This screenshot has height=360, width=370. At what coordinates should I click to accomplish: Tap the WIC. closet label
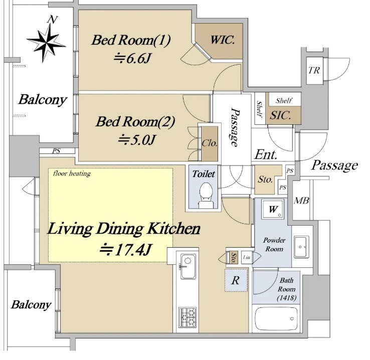click(222, 40)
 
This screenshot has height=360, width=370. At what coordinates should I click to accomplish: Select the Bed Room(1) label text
click(131, 40)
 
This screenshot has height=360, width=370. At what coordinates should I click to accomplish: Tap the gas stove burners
click(188, 317)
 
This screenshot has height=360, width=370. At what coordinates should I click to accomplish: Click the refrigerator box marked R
click(235, 281)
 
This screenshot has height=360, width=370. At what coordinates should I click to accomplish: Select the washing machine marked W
click(273, 210)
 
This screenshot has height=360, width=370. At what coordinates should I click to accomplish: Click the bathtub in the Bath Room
click(275, 318)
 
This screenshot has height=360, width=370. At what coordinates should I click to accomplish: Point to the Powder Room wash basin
click(302, 246)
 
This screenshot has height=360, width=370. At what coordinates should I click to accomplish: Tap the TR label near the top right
click(314, 70)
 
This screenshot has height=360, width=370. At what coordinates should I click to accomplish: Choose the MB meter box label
click(301, 201)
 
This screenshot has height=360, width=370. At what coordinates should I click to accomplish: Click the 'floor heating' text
click(71, 174)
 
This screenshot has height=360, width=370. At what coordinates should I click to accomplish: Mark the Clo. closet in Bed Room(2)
click(209, 142)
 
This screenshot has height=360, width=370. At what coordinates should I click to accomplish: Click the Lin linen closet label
click(247, 257)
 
